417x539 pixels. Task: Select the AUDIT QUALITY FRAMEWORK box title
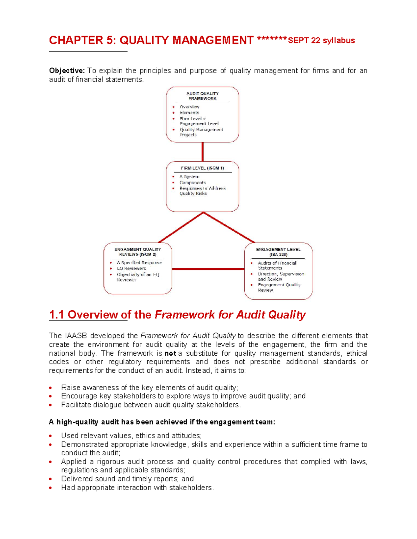[x=202, y=96]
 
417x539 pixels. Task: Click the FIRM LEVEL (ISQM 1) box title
[x=202, y=168]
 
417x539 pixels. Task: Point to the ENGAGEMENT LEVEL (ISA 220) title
[x=278, y=252]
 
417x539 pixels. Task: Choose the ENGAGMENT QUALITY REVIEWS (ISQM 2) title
[x=138, y=252]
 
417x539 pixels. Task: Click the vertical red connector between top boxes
[x=203, y=152]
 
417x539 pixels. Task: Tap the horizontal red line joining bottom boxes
[x=208, y=269]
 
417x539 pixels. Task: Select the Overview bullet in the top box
[x=189, y=107]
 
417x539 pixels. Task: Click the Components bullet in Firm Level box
[x=193, y=183]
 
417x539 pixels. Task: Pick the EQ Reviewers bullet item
[x=131, y=268]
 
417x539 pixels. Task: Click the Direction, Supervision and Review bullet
[x=281, y=276]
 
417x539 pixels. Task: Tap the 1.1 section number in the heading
[x=56, y=314]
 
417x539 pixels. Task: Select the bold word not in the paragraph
[x=170, y=353]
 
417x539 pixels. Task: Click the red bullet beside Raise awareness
[x=51, y=388]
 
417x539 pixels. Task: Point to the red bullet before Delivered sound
[x=51, y=479]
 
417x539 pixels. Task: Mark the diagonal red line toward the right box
[x=229, y=227]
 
